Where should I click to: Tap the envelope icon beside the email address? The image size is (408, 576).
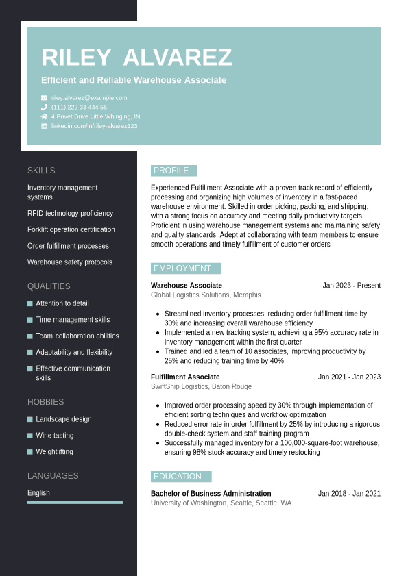44,98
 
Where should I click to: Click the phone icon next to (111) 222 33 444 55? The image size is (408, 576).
44,108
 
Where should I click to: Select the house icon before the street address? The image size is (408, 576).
44,116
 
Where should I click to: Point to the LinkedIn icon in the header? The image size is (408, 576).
44,126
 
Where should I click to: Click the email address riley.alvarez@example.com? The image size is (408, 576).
89,98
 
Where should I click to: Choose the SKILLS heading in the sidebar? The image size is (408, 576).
41,171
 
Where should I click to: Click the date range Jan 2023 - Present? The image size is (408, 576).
351,286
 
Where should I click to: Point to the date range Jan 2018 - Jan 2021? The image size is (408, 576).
349,494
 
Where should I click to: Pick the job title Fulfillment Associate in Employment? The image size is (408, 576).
185,377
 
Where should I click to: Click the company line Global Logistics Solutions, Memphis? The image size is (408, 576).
206,295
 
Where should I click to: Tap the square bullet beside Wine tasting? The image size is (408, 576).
30,436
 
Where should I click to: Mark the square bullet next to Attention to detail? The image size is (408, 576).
30,303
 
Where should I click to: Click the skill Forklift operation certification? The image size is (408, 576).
71,229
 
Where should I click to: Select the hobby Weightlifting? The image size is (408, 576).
54,452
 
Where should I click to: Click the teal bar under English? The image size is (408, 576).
75,503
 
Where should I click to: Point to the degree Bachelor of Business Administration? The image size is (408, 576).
211,494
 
